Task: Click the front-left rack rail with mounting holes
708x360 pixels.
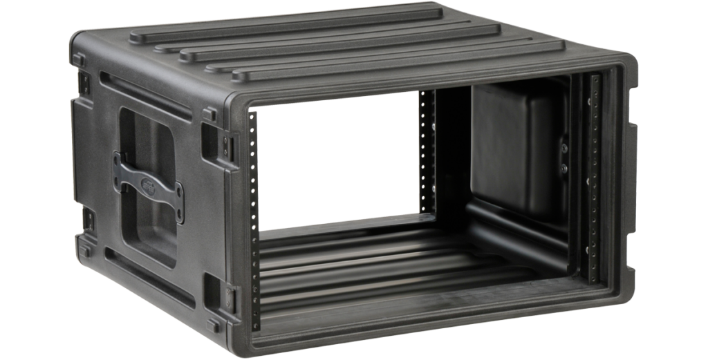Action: pyautogui.click(x=254, y=221)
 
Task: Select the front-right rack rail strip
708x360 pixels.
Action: pyautogui.click(x=593, y=173)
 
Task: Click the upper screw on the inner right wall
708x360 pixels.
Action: pyautogui.click(x=564, y=147)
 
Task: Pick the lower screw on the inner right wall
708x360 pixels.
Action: pyautogui.click(x=564, y=168)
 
